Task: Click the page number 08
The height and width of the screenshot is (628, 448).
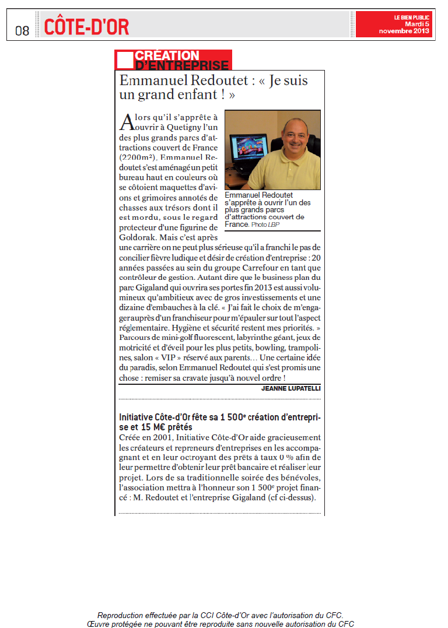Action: tap(22, 30)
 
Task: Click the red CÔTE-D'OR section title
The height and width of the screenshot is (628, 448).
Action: tap(86, 26)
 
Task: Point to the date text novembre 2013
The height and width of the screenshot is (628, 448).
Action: tap(404, 31)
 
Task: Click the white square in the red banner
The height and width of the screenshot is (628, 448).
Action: tap(124, 59)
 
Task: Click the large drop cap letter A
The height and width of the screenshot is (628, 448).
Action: tap(127, 122)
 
